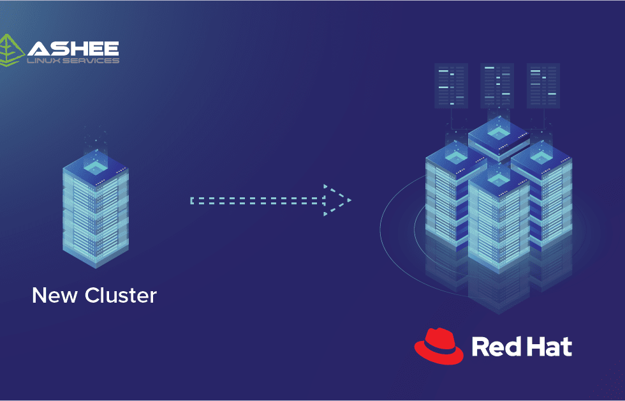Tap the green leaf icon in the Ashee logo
11,51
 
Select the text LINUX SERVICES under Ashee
73,61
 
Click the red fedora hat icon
439,346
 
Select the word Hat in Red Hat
550,347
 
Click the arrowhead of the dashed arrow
337,200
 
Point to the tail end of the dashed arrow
193,200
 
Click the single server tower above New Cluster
96,211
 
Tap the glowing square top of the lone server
96,167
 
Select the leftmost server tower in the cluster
448,198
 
